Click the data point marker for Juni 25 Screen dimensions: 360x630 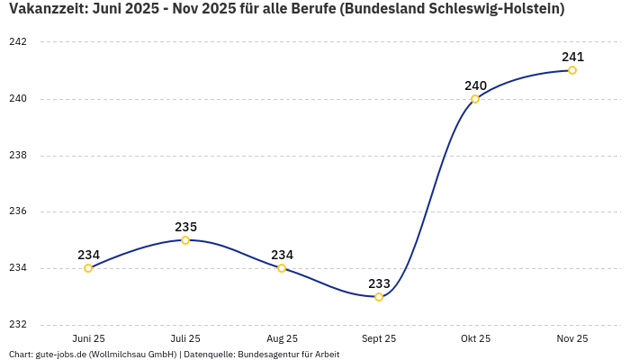(x=88, y=268)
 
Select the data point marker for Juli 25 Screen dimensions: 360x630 (x=185, y=240)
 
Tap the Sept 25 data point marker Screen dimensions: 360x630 (x=379, y=297)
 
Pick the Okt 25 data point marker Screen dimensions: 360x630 (x=475, y=99)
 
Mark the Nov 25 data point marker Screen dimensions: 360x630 (x=572, y=70)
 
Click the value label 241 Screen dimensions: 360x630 (x=572, y=57)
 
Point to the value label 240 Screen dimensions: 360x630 (x=475, y=85)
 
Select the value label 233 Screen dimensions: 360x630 (x=379, y=283)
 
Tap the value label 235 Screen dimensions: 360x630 (x=185, y=227)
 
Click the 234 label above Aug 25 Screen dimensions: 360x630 (x=282, y=255)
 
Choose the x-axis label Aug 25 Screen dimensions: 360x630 (x=282, y=338)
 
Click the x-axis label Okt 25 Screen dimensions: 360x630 (x=475, y=338)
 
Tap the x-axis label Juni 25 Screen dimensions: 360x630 (x=88, y=338)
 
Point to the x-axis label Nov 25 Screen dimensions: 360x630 (x=572, y=338)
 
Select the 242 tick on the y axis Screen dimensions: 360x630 (x=17, y=42)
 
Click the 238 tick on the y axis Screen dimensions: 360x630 (x=17, y=155)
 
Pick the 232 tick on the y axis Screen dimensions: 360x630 (x=17, y=324)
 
